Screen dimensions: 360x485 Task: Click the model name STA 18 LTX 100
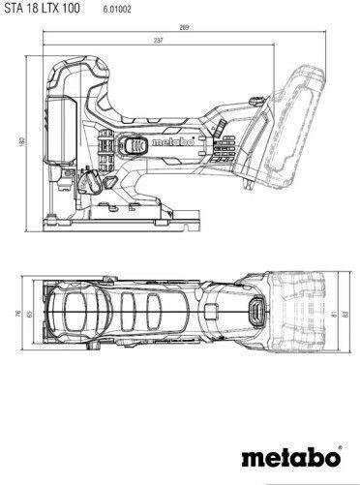[x=42, y=8]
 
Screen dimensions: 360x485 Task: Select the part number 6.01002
[x=117, y=10]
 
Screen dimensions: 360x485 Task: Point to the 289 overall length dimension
[x=184, y=27]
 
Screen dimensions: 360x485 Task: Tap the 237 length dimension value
[x=159, y=41]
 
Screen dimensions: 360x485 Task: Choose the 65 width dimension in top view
[x=29, y=313]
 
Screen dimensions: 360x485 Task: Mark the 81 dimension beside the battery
[x=335, y=313]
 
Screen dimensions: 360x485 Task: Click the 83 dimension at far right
[x=346, y=313]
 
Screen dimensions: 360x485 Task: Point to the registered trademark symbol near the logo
[x=340, y=447]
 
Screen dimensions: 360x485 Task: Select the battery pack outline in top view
[x=303, y=313]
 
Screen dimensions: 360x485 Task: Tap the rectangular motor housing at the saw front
[x=62, y=129]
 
